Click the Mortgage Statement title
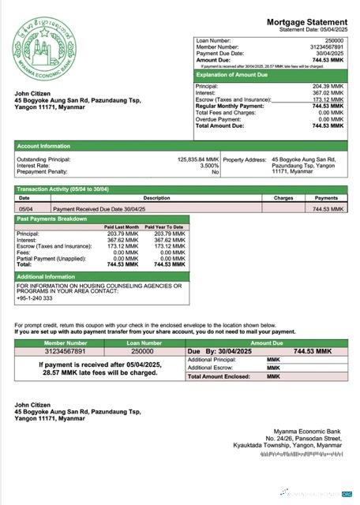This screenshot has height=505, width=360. (x=306, y=22)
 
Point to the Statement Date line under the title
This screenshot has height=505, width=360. (x=313, y=30)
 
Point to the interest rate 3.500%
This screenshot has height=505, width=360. (x=208, y=166)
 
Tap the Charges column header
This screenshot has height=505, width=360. (x=283, y=198)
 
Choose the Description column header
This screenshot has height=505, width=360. (x=156, y=198)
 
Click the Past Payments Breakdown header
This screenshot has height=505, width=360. (x=52, y=218)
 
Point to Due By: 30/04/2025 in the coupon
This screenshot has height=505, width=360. (x=223, y=350)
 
